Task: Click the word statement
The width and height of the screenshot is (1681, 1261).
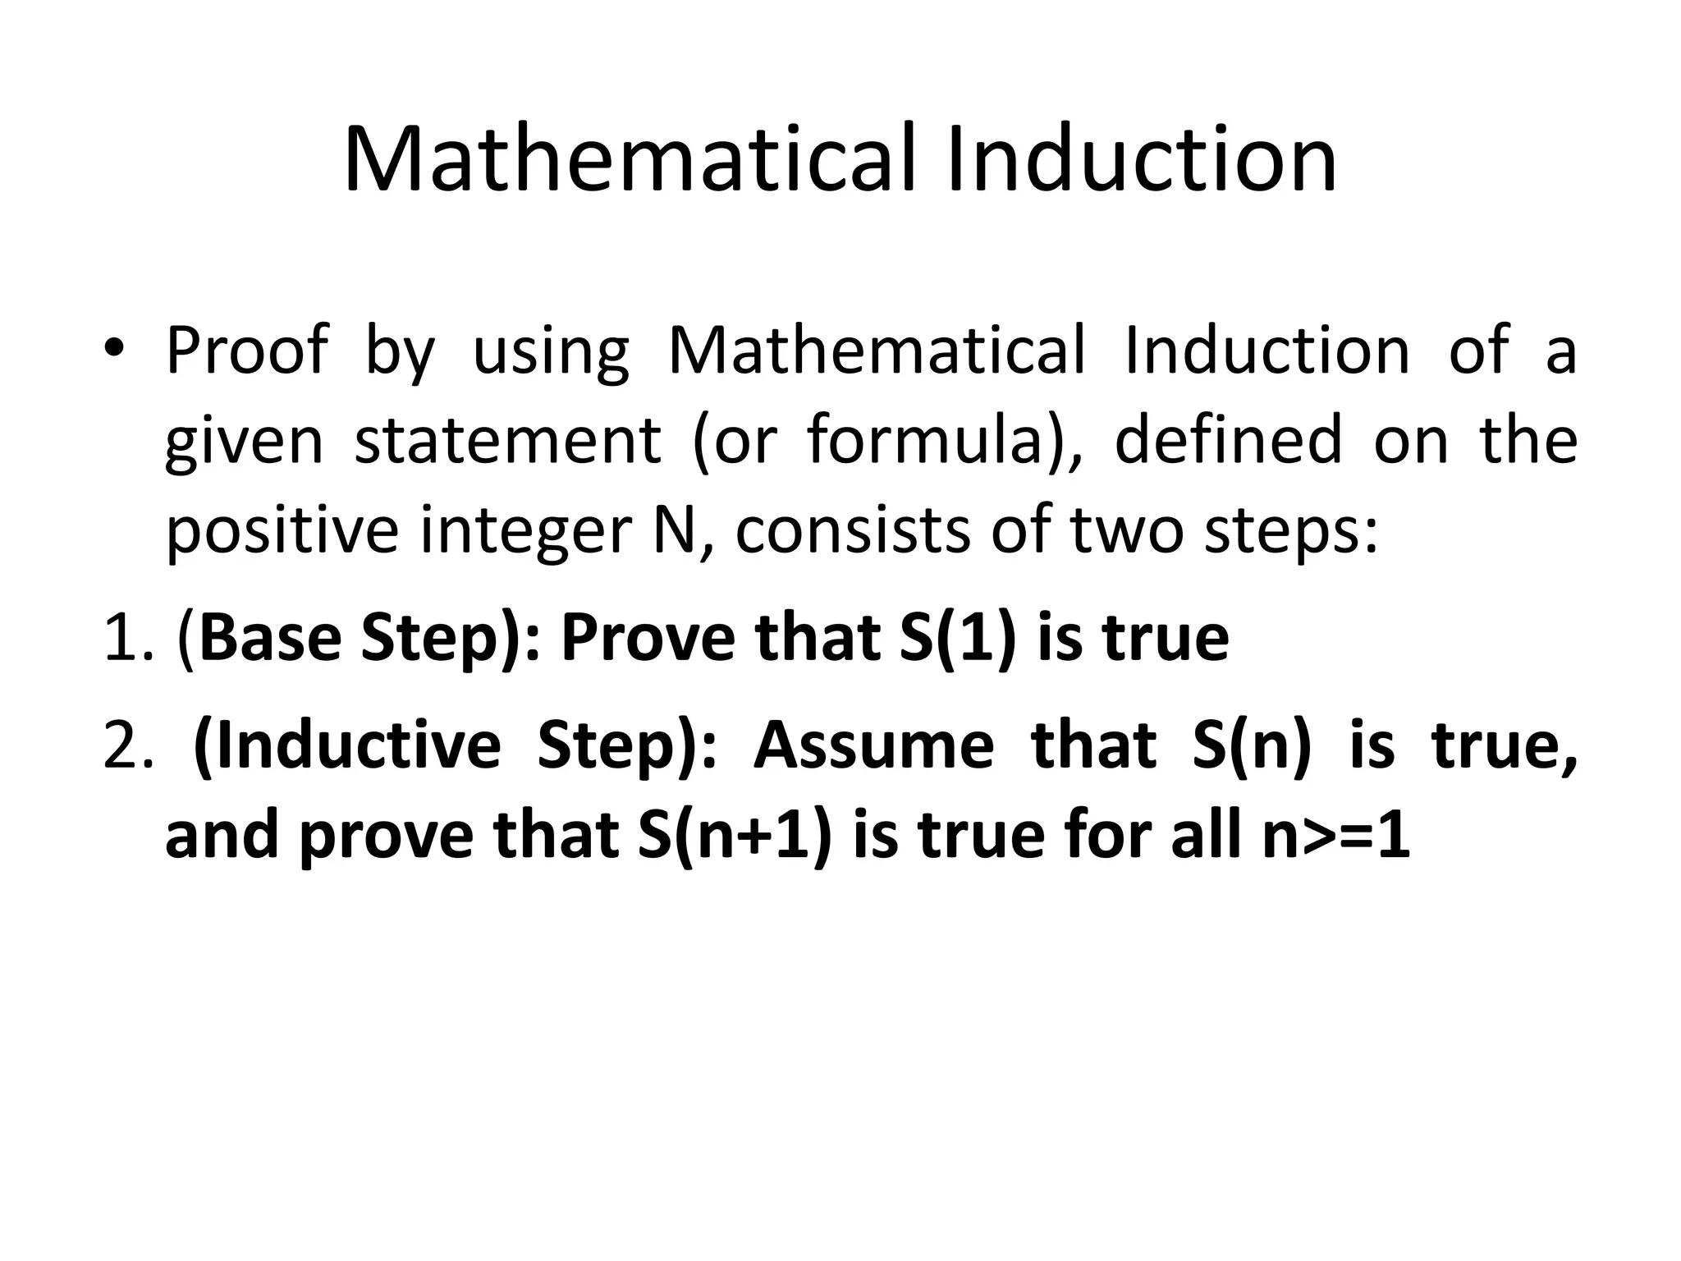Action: (x=507, y=440)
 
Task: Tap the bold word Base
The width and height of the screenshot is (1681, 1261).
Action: (x=269, y=639)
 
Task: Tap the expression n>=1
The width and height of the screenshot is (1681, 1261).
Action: (x=1336, y=836)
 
